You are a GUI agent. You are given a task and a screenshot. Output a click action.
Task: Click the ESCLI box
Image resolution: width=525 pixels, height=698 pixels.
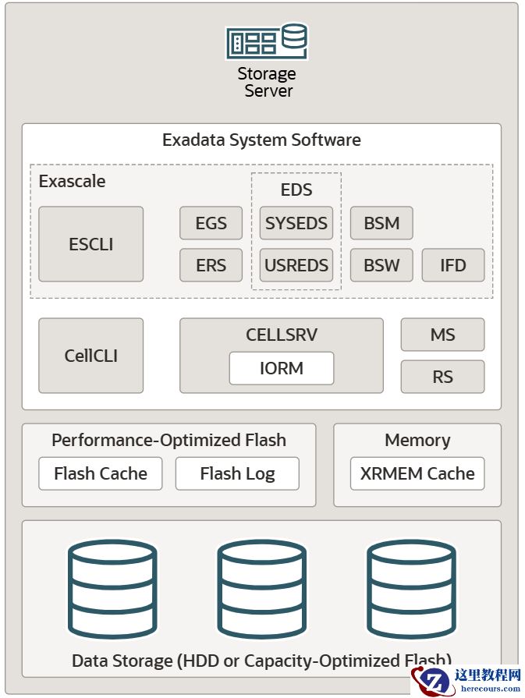[x=90, y=244]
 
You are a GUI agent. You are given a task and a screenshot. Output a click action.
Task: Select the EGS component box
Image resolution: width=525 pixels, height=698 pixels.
[x=211, y=223]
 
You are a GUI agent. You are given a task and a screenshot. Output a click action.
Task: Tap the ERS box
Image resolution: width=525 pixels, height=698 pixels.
[x=211, y=265]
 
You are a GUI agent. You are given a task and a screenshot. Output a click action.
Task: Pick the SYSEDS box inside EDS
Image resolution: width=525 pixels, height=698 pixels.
[x=296, y=223]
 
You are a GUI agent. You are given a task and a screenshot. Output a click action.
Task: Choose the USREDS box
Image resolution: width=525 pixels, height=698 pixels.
[x=296, y=265]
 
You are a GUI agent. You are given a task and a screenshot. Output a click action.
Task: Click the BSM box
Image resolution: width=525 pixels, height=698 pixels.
[x=381, y=223]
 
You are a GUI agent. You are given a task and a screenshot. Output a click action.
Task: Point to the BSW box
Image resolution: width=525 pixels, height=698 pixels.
[x=381, y=265]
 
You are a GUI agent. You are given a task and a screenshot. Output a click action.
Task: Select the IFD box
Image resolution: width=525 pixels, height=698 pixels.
[x=453, y=265]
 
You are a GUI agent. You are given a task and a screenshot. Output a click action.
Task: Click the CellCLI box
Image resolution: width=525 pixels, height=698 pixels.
[x=90, y=356]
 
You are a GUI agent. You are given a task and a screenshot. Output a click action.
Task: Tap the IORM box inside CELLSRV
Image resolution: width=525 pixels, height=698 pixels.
[x=281, y=368]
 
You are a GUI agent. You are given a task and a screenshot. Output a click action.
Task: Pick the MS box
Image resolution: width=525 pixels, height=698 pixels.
[x=442, y=335]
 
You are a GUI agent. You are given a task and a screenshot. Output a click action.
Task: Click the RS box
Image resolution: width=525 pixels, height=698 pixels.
[x=442, y=377]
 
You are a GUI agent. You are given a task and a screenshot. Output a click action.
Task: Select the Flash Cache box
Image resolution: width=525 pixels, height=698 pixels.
[x=101, y=473]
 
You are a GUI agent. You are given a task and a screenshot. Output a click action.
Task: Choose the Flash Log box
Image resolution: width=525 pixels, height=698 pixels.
[x=237, y=473]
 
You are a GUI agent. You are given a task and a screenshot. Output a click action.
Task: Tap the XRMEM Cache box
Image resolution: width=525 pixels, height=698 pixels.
[x=417, y=473]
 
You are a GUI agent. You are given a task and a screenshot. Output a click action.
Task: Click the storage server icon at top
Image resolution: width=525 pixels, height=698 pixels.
[x=266, y=42]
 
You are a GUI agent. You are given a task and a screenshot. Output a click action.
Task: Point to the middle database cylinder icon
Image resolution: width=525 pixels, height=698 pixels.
[x=261, y=589]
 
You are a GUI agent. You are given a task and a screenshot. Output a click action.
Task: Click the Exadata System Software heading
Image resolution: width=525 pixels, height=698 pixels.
[x=261, y=140]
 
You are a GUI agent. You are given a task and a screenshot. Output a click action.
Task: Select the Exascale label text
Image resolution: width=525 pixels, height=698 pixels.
[x=72, y=182]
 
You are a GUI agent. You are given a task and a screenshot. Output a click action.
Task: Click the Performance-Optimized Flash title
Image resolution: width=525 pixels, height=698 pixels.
[x=168, y=440]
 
